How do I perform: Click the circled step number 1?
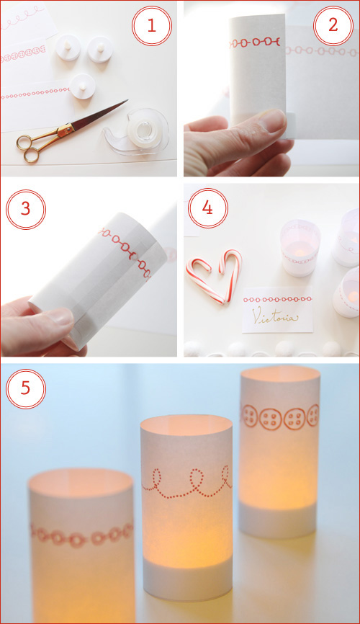(x=151, y=26)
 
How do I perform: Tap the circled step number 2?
(x=333, y=26)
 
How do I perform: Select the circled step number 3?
(x=26, y=210)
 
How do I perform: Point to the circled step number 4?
(x=207, y=208)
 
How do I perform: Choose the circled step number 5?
(x=26, y=389)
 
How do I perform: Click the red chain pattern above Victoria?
(x=277, y=299)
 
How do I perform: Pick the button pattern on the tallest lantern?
(x=281, y=416)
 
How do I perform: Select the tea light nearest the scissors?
(x=82, y=86)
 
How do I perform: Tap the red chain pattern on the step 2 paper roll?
(x=255, y=43)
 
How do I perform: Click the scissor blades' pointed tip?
(x=127, y=100)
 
